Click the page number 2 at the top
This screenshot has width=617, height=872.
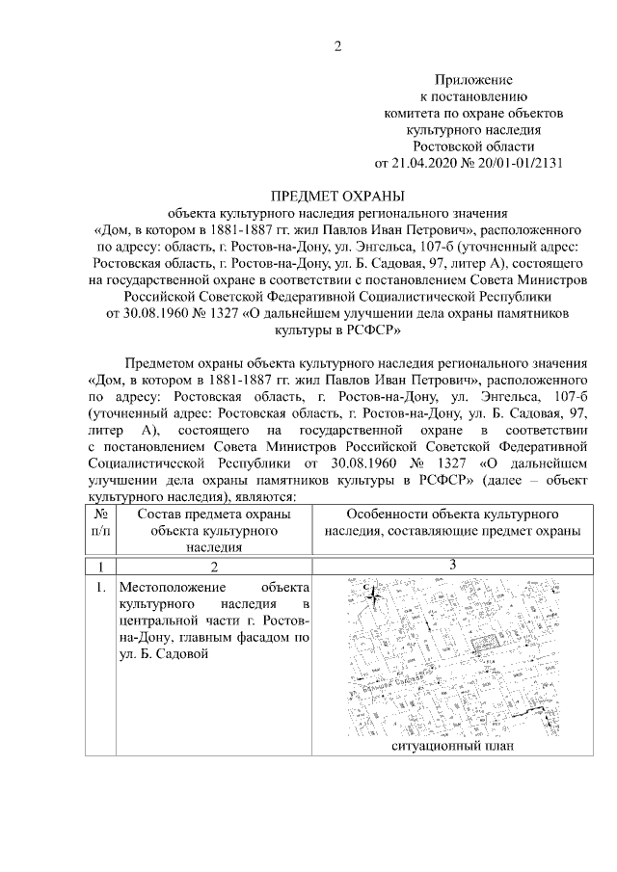tap(337, 44)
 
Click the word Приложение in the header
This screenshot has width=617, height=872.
tap(473, 80)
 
